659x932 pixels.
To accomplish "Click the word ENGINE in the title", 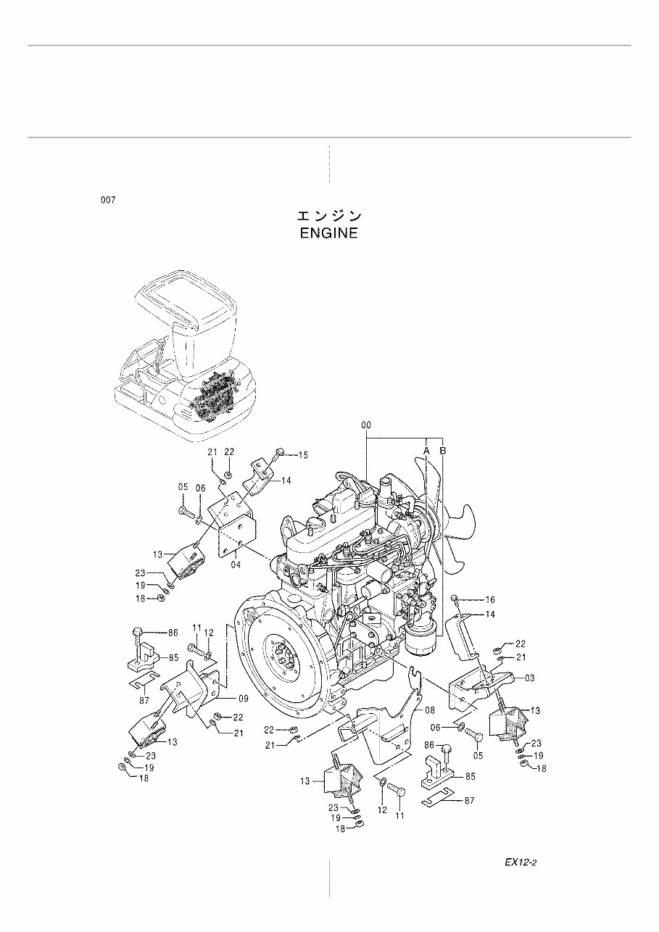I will (328, 233).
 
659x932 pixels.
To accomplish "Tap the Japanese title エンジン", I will (328, 216).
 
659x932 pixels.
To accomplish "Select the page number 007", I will (108, 200).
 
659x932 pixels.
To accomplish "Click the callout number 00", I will (368, 425).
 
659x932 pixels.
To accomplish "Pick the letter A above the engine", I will (427, 451).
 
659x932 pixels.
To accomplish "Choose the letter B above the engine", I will (443, 451).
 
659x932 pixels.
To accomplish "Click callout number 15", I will (302, 455).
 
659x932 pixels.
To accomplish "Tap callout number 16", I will (489, 599).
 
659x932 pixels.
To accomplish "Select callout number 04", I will (236, 565).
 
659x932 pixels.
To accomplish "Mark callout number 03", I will (530, 678).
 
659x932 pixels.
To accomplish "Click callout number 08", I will (429, 710).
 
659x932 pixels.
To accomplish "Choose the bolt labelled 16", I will (455, 598).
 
